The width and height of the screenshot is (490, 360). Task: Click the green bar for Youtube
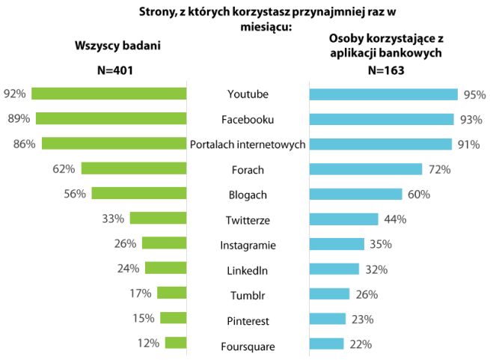(109, 94)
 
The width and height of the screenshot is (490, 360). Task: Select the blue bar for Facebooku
(382, 119)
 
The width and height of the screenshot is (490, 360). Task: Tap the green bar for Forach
(133, 168)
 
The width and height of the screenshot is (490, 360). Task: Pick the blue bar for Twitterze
(343, 219)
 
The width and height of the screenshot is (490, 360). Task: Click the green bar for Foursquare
(175, 343)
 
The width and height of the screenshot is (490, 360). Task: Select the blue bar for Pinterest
(328, 319)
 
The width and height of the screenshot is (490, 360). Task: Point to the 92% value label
(15, 94)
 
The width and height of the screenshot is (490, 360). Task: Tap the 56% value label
(75, 193)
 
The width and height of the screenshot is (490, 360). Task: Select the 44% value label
(394, 219)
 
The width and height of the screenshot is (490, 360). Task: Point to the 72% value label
(439, 169)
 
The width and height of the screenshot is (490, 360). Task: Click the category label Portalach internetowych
(248, 144)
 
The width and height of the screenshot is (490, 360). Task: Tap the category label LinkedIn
(247, 269)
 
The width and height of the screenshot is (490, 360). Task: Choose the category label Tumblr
(247, 295)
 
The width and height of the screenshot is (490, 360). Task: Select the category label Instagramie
(247, 245)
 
